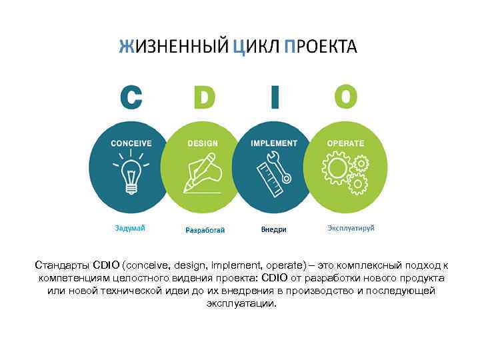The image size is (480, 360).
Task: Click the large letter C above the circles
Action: coord(131,97)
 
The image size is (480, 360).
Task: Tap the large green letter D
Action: coord(203,97)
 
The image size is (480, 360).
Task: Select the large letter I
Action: coord(275,97)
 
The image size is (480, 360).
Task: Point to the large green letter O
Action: coord(345,97)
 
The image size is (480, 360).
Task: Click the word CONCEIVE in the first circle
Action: coord(131,143)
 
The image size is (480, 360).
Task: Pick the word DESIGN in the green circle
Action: coord(203,143)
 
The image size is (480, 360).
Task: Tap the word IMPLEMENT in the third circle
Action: coord(274,143)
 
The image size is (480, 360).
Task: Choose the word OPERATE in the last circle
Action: coord(345,143)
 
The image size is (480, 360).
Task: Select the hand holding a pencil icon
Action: coord(201,171)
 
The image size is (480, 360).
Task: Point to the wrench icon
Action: coord(279,166)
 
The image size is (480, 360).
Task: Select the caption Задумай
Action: coord(130,228)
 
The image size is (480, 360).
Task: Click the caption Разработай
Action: coord(205,230)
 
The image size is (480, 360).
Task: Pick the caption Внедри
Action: coord(273,229)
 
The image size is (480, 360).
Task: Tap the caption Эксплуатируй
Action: coord(351,228)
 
